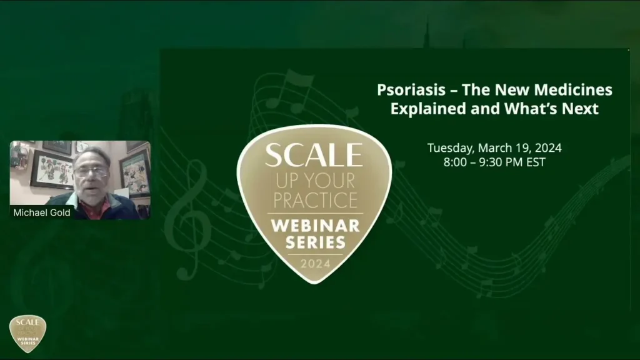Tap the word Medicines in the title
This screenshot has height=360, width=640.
(x=576, y=90)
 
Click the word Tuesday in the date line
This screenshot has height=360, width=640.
(x=451, y=148)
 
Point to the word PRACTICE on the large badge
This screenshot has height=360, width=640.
(x=314, y=201)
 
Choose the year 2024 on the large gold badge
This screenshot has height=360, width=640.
(x=314, y=264)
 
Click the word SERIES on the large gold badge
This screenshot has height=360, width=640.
(x=314, y=242)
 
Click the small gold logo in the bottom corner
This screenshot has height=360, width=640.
(x=27, y=333)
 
